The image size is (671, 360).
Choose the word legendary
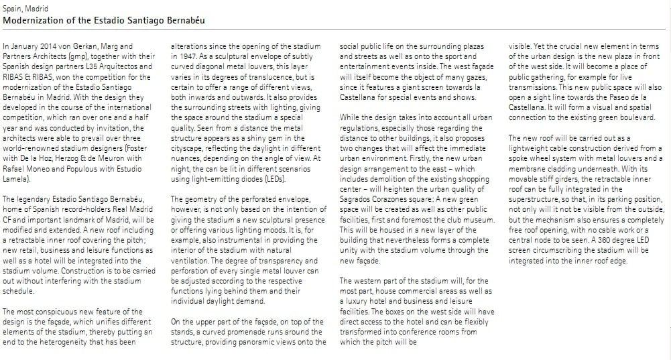click(34, 199)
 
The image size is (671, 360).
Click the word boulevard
click(636, 117)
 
